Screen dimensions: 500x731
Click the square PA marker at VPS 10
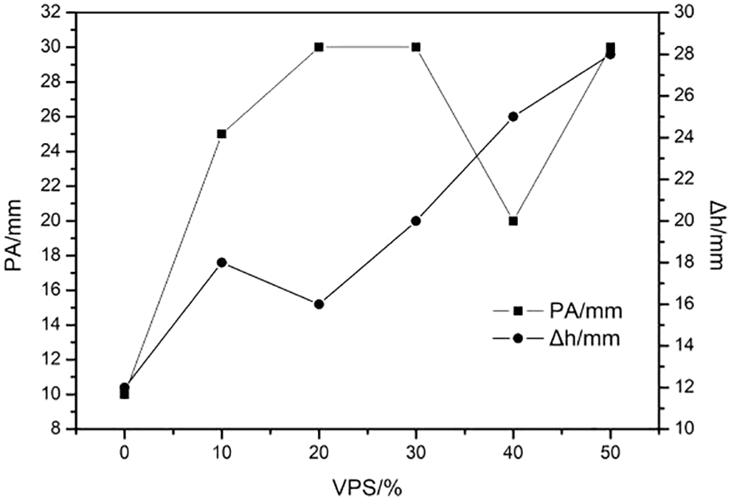coord(221,134)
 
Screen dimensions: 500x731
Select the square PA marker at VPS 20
coord(319,47)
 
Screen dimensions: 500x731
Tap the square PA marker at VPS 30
coord(416,47)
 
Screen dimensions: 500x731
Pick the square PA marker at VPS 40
coord(513,221)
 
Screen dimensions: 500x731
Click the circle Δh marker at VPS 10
coord(221,263)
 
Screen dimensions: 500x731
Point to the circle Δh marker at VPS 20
coord(319,304)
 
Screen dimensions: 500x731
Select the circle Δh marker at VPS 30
coord(416,221)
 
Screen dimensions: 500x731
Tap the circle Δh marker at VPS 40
coord(513,117)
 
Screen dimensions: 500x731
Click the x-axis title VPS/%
coord(367,486)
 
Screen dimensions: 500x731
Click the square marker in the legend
coord(518,310)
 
